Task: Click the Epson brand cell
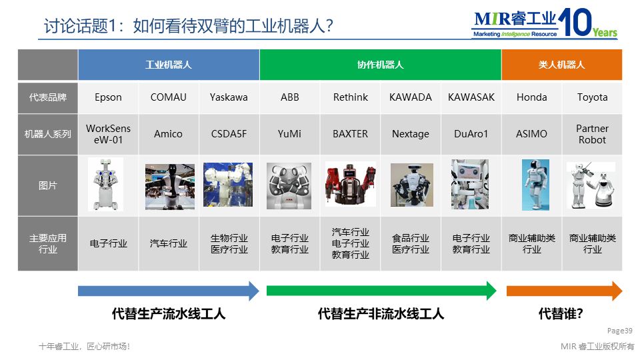pyautogui.click(x=108, y=97)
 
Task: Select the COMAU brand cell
pyautogui.click(x=168, y=97)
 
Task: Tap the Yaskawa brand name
pyautogui.click(x=229, y=97)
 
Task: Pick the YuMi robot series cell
pyautogui.click(x=289, y=134)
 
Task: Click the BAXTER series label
pyautogui.click(x=350, y=134)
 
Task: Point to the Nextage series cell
pyautogui.click(x=410, y=134)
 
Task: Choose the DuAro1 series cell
pyautogui.click(x=471, y=134)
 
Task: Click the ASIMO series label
pyautogui.click(x=531, y=134)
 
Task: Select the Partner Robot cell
pyautogui.click(x=592, y=134)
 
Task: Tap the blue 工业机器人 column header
pyautogui.click(x=169, y=65)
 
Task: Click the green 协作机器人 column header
pyautogui.click(x=380, y=65)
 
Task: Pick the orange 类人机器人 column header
pyautogui.click(x=561, y=65)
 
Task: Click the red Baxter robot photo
pyautogui.click(x=350, y=184)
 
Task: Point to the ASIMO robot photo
pyautogui.click(x=535, y=185)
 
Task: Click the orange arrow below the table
pyautogui.click(x=564, y=291)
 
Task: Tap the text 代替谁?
pyautogui.click(x=561, y=313)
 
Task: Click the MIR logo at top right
pyautogui.click(x=544, y=23)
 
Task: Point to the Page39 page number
pyautogui.click(x=619, y=331)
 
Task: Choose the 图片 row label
pyautogui.click(x=48, y=186)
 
